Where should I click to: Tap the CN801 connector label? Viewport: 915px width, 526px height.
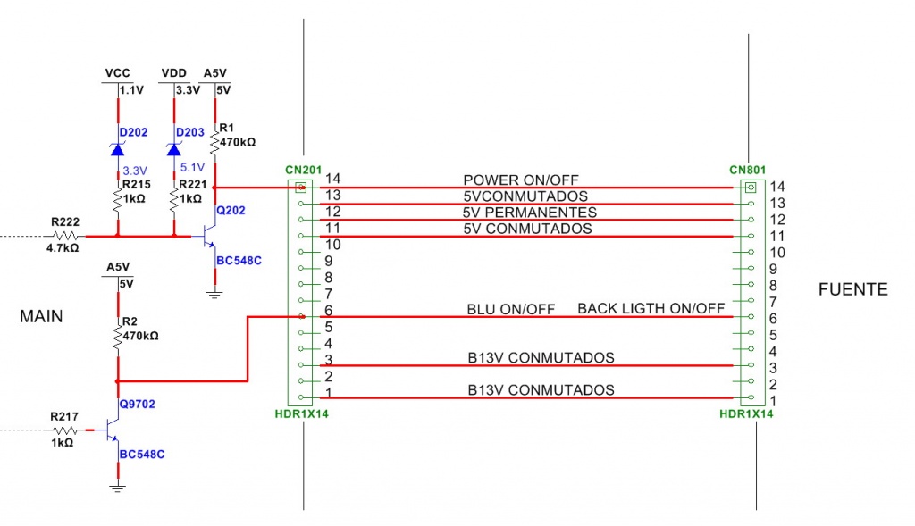[746, 169]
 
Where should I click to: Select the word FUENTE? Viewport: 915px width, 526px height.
[853, 289]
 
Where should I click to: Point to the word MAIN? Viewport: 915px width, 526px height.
[41, 316]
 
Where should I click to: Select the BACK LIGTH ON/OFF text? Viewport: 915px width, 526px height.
[651, 309]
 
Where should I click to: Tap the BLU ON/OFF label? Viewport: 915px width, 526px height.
[511, 309]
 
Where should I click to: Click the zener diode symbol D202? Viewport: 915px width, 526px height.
[118, 149]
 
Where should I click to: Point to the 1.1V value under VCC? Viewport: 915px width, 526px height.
[131, 90]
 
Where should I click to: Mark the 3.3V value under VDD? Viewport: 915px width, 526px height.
[188, 90]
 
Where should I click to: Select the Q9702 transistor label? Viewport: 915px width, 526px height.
[137, 405]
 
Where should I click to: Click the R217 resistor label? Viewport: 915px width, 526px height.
[64, 416]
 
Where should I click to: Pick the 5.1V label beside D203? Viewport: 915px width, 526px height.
[192, 166]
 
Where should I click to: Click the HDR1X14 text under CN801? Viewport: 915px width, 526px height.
[746, 414]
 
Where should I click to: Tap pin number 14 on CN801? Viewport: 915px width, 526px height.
[776, 187]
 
